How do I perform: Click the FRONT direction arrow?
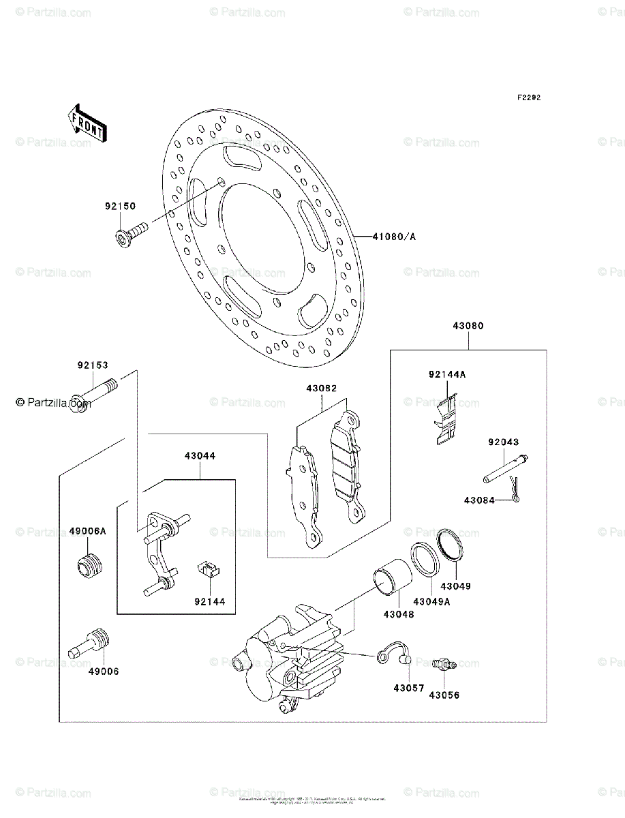86,122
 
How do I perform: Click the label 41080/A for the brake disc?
394,237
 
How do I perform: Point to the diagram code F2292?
528,97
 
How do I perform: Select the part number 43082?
322,389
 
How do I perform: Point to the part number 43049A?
430,601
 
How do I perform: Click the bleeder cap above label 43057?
395,653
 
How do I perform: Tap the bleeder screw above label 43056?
444,663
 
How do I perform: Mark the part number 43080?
468,326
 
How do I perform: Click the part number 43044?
199,455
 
